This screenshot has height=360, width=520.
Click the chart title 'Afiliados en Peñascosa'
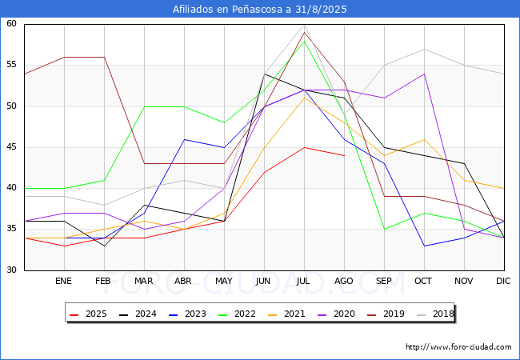tap(228, 10)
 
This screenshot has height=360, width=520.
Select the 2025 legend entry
tap(88, 314)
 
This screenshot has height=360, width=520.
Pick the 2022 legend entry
tap(237, 314)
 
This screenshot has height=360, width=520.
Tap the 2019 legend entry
tap(386, 314)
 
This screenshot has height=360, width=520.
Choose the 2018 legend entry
tap(435, 314)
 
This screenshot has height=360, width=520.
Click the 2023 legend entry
tap(187, 314)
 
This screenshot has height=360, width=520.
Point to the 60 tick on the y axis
tap(11, 23)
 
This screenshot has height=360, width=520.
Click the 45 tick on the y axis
tap(11, 147)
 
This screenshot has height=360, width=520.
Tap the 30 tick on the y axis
tap(11, 270)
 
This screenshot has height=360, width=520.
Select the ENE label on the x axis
tap(63, 281)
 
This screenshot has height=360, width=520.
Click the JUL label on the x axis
tap(303, 281)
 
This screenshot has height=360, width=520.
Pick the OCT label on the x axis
tap(423, 281)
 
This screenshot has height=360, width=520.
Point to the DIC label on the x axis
tap(503, 281)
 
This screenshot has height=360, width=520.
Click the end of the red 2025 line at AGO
tap(345, 155)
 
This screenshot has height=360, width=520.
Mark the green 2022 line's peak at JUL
tap(305, 41)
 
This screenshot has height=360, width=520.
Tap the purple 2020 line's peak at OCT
tap(425, 74)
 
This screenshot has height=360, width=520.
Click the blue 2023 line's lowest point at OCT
tap(425, 246)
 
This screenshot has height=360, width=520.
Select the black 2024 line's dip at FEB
tap(105, 246)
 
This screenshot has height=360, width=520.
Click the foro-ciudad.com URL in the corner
tap(458, 346)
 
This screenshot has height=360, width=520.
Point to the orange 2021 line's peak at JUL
tap(305, 98)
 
